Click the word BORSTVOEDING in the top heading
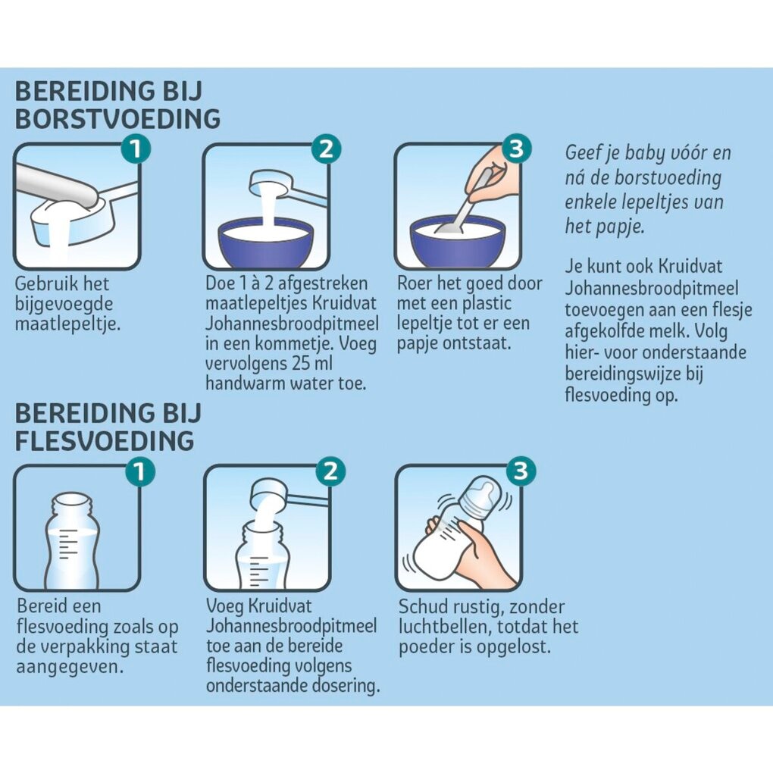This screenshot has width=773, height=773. pyautogui.click(x=117, y=119)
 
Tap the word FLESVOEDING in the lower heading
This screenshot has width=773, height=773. pyautogui.click(x=105, y=441)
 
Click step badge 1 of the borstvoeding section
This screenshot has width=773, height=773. pyautogui.click(x=136, y=149)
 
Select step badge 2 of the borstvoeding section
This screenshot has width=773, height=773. pyautogui.click(x=327, y=149)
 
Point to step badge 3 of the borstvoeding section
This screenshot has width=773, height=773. pyautogui.click(x=516, y=148)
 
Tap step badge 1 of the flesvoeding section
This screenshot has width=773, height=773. pyautogui.click(x=140, y=471)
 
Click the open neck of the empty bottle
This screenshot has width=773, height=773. pyautogui.click(x=72, y=503)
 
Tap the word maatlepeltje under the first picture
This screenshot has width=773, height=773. pyautogui.click(x=67, y=324)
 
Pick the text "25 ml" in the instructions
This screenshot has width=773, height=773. pyautogui.click(x=308, y=363)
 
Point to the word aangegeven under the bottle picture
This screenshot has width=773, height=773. pyautogui.click(x=70, y=668)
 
